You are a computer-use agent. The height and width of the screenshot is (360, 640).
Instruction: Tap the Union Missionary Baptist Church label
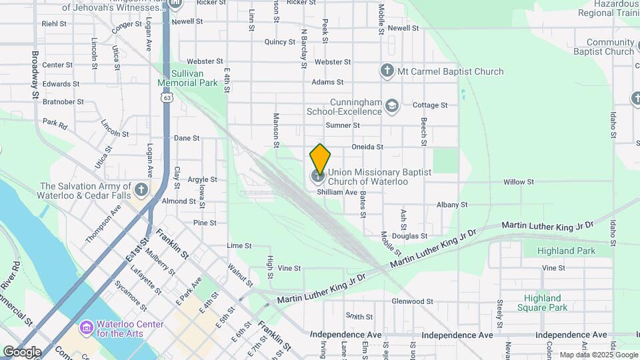click(379, 177)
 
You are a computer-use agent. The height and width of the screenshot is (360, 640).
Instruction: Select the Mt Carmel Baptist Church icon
click(387, 71)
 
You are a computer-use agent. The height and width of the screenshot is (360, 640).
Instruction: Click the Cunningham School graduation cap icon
click(393, 105)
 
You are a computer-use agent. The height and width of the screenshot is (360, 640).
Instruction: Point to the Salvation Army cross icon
click(141, 190)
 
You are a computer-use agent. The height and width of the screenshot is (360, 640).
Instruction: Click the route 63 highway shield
click(167, 97)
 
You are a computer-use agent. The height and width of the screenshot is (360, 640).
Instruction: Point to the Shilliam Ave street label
click(337, 192)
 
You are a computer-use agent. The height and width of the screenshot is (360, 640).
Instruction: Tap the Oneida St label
click(367, 147)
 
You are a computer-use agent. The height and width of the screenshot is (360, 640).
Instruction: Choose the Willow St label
click(519, 181)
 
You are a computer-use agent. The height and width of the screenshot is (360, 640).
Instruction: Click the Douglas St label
click(409, 236)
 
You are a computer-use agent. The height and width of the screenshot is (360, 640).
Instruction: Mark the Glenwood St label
click(413, 301)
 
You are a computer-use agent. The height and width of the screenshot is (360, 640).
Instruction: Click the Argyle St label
click(202, 179)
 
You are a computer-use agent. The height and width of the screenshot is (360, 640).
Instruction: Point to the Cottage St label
click(429, 105)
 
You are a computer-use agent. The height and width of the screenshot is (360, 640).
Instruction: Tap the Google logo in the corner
click(22, 351)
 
